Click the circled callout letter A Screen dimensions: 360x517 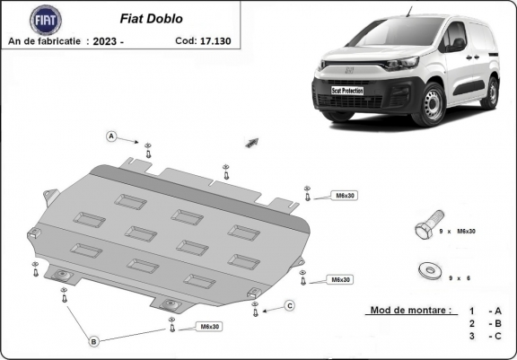111,136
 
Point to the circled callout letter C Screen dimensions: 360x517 290,306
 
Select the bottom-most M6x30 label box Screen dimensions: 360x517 208,325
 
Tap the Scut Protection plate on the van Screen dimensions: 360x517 347,91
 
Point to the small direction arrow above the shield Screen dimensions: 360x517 251,142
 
